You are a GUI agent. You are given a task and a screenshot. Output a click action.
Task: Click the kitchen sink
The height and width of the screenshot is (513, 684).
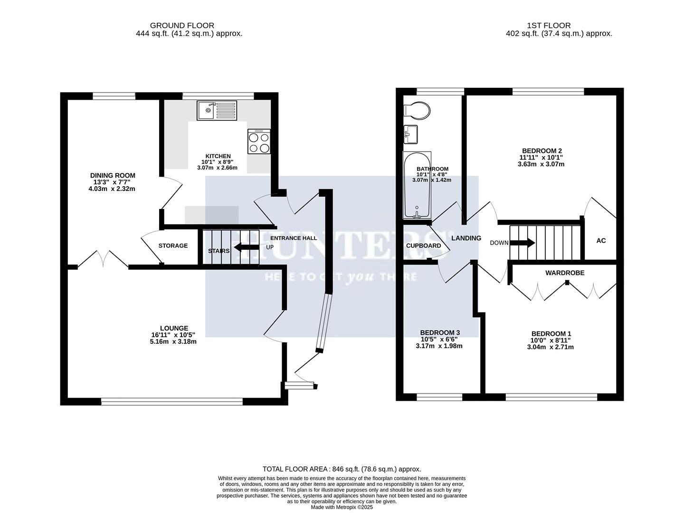click(x=216, y=111)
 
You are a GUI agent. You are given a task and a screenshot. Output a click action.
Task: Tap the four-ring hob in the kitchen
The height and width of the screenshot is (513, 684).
click(x=259, y=142)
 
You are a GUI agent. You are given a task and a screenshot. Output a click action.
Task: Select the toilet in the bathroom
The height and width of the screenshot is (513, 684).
click(x=417, y=110)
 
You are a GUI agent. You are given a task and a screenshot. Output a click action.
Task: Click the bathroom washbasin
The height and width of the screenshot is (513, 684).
click(x=410, y=134)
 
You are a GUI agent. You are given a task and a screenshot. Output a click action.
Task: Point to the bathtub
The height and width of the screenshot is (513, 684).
click(x=417, y=185)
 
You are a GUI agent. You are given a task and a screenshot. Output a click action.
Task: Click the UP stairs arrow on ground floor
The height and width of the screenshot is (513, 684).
click(x=245, y=247)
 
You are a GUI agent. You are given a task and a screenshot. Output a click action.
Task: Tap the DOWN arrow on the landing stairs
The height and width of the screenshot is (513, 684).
click(x=522, y=243)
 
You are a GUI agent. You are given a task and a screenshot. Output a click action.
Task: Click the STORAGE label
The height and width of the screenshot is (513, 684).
click(x=173, y=246)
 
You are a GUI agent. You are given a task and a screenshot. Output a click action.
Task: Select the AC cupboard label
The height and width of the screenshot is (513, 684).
click(x=601, y=241)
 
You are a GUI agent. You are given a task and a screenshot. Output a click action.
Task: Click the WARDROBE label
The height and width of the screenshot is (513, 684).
click(x=565, y=273)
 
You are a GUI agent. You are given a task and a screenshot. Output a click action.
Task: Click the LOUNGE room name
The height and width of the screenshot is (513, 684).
click(x=174, y=328)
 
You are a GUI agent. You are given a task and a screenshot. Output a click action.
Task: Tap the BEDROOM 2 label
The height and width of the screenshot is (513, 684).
click(x=541, y=151)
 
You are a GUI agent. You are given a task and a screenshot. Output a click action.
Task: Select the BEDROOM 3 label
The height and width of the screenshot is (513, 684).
click(x=440, y=332)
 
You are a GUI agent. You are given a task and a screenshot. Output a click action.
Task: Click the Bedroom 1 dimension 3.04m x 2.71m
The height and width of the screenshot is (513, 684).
click(x=551, y=347)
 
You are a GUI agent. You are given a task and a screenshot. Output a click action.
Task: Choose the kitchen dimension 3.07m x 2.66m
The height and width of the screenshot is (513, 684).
click(x=218, y=168)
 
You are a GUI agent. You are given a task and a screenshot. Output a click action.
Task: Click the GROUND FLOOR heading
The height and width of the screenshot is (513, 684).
click(x=182, y=26)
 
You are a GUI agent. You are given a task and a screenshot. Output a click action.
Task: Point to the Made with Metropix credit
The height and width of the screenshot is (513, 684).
click(x=342, y=507)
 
